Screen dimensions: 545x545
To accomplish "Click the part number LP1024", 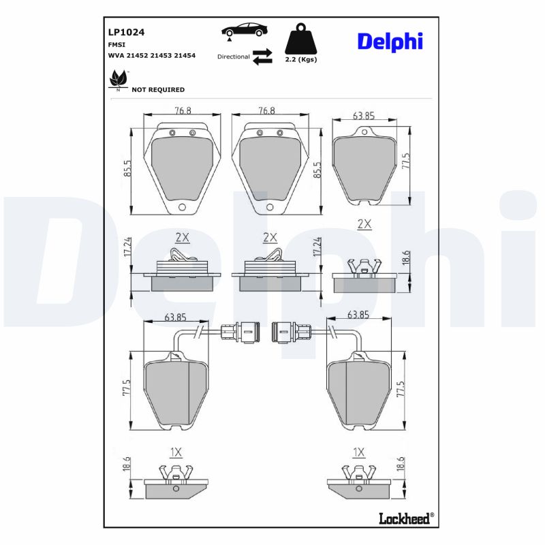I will coord(125,31).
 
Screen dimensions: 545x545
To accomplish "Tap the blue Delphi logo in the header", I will coord(390,41).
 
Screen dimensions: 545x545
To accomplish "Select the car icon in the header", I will coord(243,31).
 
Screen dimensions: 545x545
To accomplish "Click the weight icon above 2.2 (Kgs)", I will coord(300,40).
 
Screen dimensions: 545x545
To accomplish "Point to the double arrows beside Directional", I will coord(262,57).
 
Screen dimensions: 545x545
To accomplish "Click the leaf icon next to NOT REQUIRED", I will coord(118,80).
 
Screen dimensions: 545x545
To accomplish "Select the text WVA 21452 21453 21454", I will coord(151,54).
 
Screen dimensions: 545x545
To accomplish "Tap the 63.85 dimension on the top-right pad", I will coord(364,116).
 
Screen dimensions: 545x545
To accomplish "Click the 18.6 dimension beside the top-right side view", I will coord(406,261).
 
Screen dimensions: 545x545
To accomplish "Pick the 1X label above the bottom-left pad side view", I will coord(175,452).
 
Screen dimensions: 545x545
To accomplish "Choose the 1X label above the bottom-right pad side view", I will coord(359,452).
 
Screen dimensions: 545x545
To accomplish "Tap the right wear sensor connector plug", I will coord(290,332).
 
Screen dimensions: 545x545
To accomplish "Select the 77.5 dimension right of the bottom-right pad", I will coord(401,390).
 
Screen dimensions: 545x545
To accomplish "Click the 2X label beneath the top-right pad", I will coord(364,224).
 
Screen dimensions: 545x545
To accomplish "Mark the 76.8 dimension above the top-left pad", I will coord(182,110).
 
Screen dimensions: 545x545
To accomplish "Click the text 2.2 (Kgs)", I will coord(300,60).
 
